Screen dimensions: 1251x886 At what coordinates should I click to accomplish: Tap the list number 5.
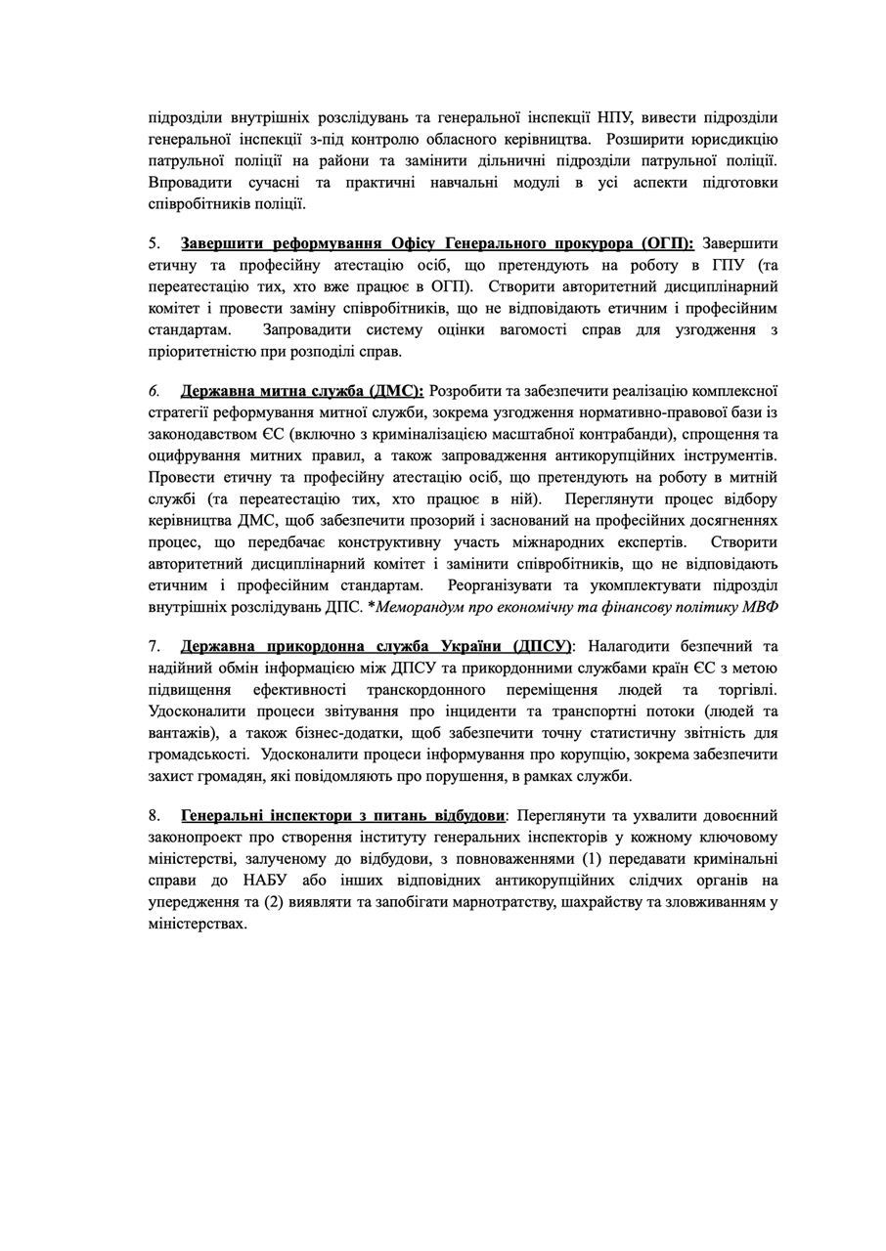point(154,243)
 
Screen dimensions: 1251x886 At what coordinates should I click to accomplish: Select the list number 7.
point(154,647)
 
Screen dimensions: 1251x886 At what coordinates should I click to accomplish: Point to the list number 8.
point(154,815)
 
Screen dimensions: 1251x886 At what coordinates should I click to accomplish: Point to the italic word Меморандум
point(423,606)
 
